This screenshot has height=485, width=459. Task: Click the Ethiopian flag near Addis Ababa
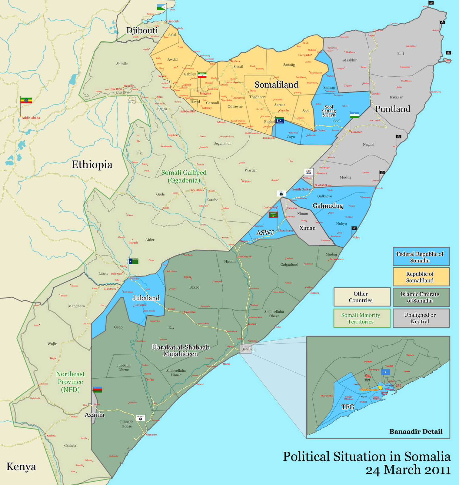click(x=26, y=100)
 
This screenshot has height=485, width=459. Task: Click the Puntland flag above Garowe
click(x=354, y=115)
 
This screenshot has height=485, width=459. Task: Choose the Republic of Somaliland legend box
click(x=421, y=277)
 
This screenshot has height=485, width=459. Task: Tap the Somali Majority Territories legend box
click(x=361, y=318)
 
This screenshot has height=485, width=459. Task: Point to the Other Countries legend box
click(x=361, y=297)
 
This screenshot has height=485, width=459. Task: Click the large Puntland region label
click(x=393, y=109)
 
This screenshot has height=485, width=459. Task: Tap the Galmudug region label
click(x=328, y=206)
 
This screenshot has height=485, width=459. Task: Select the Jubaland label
click(x=146, y=298)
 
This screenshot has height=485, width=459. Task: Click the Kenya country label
click(x=21, y=467)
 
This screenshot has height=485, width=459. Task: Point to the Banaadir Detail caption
click(x=416, y=431)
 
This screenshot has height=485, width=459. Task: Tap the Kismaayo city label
click(x=151, y=435)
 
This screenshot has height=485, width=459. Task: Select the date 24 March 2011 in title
click(x=408, y=470)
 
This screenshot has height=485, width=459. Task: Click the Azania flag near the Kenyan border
click(x=98, y=389)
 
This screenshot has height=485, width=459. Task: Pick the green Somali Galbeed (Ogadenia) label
click(x=184, y=176)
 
